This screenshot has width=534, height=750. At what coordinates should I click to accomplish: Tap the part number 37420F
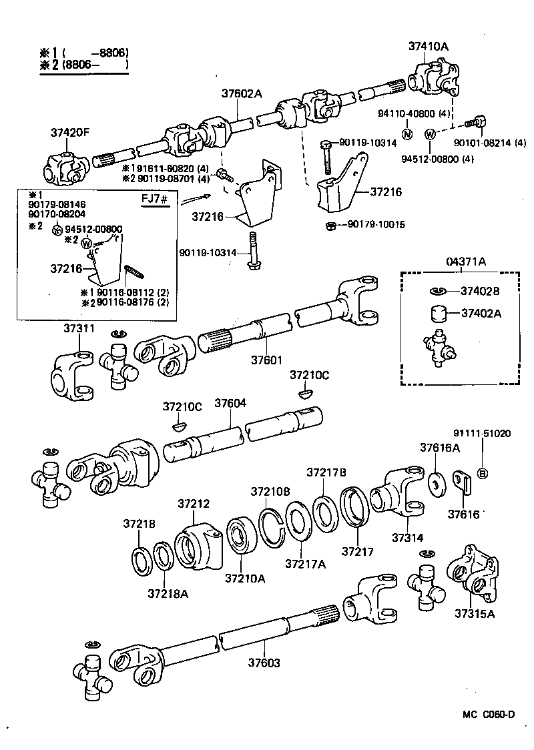(x=69, y=132)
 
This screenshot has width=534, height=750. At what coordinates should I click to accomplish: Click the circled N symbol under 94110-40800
(x=407, y=133)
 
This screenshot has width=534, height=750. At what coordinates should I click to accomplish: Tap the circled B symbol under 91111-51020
(x=483, y=474)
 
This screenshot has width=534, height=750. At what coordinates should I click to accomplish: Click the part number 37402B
(x=480, y=291)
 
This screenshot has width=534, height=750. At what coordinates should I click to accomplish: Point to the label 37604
(x=230, y=404)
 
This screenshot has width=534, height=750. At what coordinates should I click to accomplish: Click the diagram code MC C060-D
(x=489, y=715)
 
